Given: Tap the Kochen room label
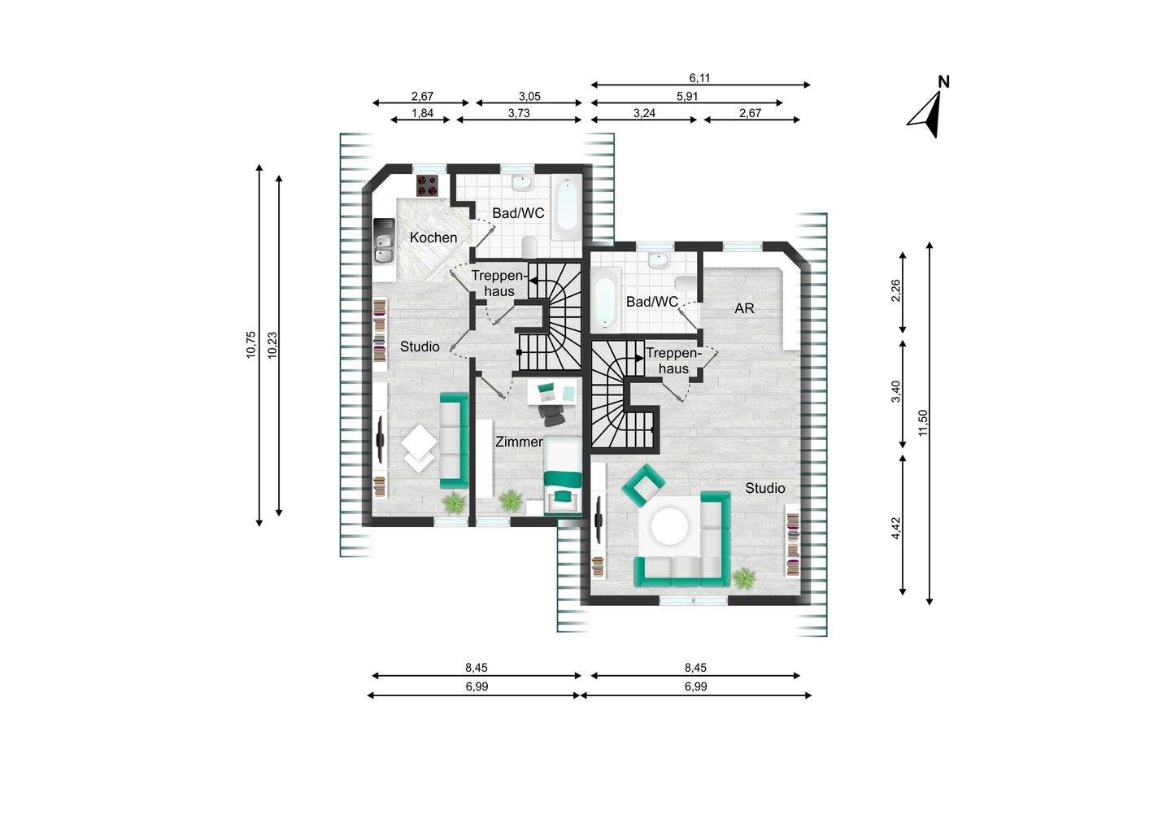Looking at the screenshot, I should coord(433,238).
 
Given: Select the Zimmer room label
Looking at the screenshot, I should coord(519,442).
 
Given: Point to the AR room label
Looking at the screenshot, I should coord(744,308).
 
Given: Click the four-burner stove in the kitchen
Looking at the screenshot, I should coord(427,186).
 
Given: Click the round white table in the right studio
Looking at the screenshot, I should coord(670,527).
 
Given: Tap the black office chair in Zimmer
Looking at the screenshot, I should coord(555,415).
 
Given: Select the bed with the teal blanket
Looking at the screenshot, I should coord(563,476).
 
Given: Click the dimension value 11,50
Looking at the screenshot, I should coord(922,423).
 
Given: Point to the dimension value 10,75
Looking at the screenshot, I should coord(251,344).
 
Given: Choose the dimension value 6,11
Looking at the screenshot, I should coord(700,78).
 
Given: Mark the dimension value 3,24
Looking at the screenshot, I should coord(644,113).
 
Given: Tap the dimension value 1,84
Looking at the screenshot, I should coord(421,113).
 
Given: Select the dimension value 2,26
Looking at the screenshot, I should coord(896,291).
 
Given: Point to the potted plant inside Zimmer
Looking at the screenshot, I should coord(511,500).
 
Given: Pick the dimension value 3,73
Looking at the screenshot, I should coord(519,113).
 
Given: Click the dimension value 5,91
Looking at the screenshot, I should coord(687,96).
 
